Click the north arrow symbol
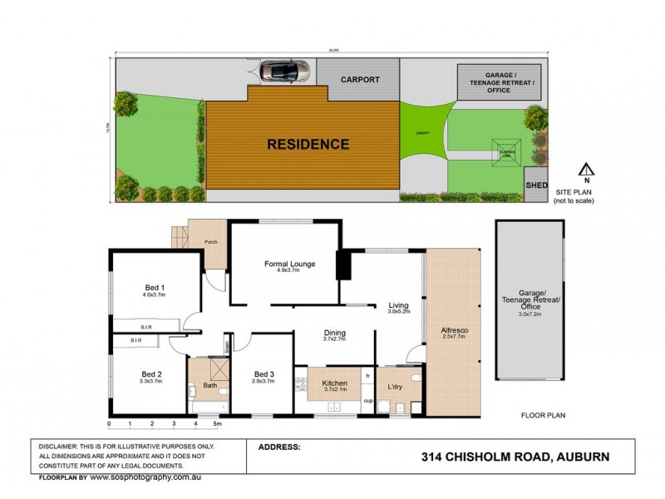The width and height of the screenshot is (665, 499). click(585, 170)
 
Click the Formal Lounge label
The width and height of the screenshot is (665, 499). click(289, 264)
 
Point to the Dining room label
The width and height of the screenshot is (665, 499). click(334, 333)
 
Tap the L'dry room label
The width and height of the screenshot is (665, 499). click(394, 388)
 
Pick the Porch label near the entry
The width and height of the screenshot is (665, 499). click(211, 244)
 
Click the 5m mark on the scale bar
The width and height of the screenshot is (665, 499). click(217, 424)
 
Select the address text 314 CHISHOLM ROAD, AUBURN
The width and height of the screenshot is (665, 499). click(515, 457)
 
